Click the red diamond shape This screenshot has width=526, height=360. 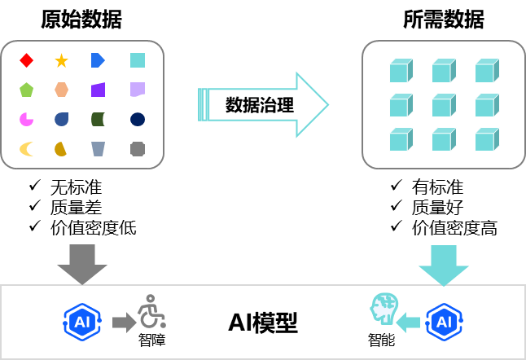(x=27, y=60)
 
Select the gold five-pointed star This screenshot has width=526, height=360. (x=61, y=61)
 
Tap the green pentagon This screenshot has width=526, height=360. (x=27, y=90)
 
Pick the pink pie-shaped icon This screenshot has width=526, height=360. (x=27, y=120)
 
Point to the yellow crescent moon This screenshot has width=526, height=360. (x=27, y=149)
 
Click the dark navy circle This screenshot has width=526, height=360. (x=138, y=120)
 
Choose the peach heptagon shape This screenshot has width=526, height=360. (x=61, y=90)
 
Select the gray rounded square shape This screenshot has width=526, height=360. (x=138, y=149)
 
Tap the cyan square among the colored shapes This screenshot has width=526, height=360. (x=138, y=60)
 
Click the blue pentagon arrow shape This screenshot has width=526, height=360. (x=98, y=60)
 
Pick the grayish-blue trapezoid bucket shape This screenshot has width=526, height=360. (x=98, y=149)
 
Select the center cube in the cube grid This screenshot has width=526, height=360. (x=444, y=105)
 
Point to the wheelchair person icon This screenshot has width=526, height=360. (x=151, y=313)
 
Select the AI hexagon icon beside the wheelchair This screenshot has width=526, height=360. (x=82, y=322)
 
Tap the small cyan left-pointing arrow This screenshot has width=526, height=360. (x=408, y=323)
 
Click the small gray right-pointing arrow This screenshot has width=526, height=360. (x=124, y=323)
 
